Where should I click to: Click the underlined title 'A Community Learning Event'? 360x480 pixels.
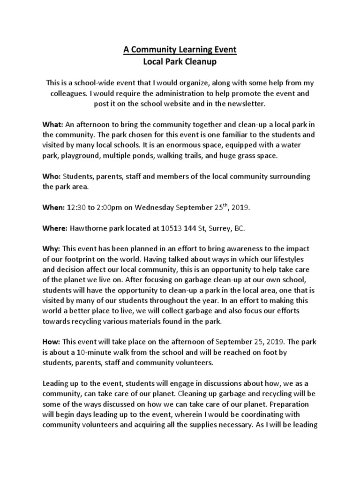pyautogui.click(x=180, y=50)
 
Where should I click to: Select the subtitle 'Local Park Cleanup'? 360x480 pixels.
pyautogui.click(x=180, y=61)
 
